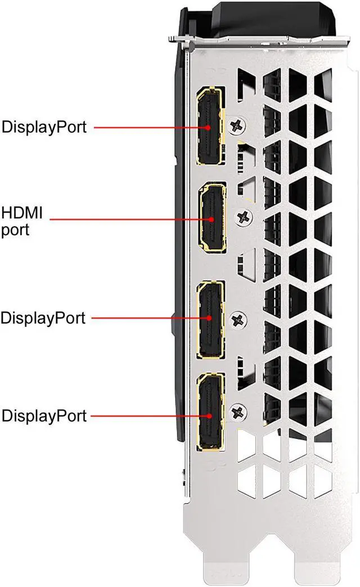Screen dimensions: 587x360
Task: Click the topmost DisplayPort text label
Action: coord(44,127)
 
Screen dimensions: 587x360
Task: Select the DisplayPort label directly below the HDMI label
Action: coord(43,318)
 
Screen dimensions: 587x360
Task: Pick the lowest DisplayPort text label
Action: coord(44,416)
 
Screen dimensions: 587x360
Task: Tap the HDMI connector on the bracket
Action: coord(211,218)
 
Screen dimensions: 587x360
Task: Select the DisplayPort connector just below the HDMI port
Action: coord(210,319)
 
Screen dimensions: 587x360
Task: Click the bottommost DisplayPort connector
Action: coord(210,414)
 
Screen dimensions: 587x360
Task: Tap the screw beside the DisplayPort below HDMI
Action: coord(240,319)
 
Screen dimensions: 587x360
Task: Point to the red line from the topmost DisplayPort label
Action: coord(146,127)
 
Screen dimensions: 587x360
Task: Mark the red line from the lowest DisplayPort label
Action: coord(146,416)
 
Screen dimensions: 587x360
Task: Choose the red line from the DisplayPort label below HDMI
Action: coord(146,318)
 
